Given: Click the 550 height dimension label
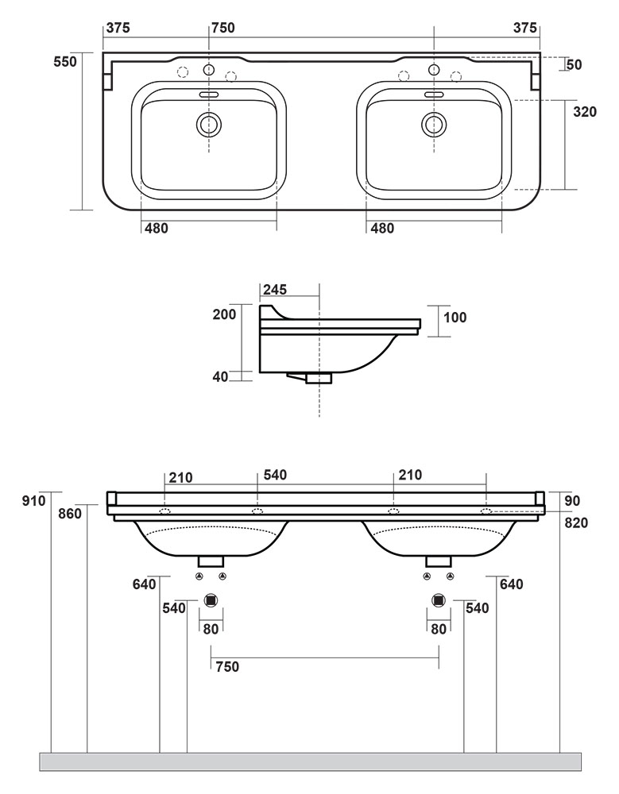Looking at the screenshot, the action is coord(65,62).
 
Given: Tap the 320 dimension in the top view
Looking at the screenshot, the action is coord(585,111).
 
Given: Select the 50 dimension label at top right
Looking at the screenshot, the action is coord(575,65).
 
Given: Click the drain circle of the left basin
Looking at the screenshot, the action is coord(208,123).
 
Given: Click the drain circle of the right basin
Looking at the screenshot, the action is coord(434,123).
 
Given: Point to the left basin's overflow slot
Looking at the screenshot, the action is coord(208,94).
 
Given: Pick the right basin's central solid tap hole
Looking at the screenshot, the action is coord(434,69).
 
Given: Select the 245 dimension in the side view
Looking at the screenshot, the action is coord(274,289).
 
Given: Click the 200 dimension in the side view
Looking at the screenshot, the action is coord(225,314).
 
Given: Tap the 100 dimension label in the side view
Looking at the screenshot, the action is coord(455,318).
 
